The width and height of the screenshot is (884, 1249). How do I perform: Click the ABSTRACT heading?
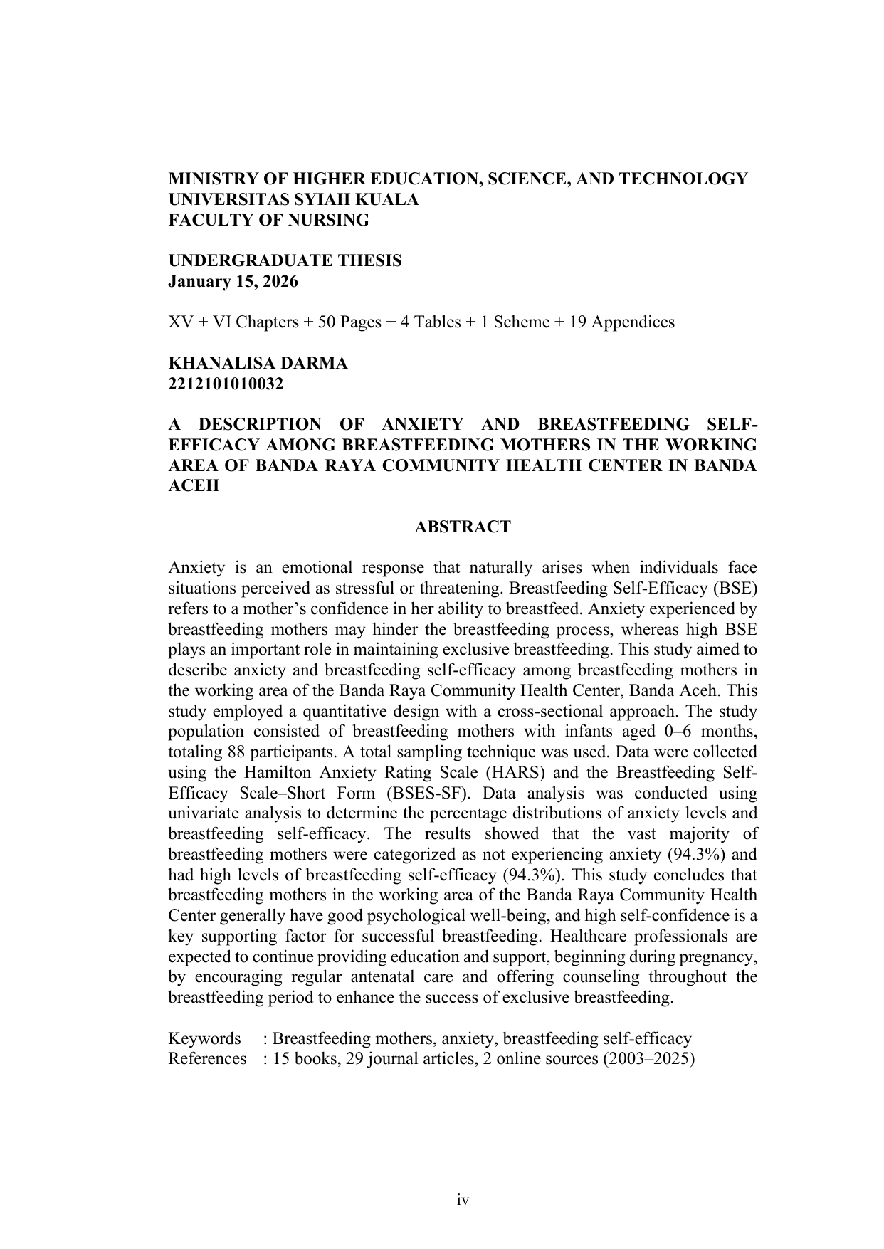tap(462, 527)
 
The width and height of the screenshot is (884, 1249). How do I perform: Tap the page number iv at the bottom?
tap(463, 1200)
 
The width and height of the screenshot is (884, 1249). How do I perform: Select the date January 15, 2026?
tap(233, 282)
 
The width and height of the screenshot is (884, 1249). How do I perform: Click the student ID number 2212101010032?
tap(226, 384)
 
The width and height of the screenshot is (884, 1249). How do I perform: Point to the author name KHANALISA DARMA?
tap(258, 364)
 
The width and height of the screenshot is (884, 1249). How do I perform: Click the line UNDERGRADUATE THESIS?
tap(285, 261)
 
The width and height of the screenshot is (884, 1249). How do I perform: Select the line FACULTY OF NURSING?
tap(268, 221)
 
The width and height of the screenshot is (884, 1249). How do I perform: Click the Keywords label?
tap(204, 1039)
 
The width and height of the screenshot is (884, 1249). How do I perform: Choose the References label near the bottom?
tap(207, 1059)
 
